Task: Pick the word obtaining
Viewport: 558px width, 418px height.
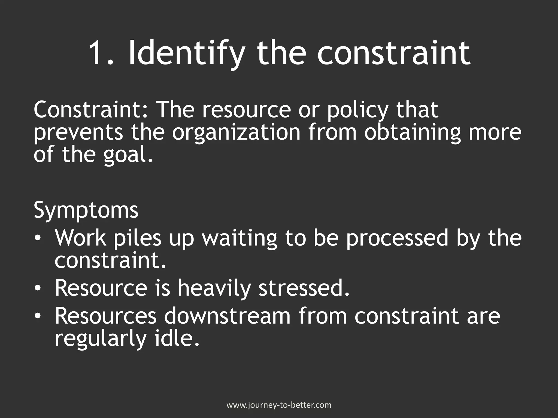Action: tap(412, 133)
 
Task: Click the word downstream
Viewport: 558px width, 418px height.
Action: tap(227, 316)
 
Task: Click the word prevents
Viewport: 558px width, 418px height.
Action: tap(78, 133)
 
